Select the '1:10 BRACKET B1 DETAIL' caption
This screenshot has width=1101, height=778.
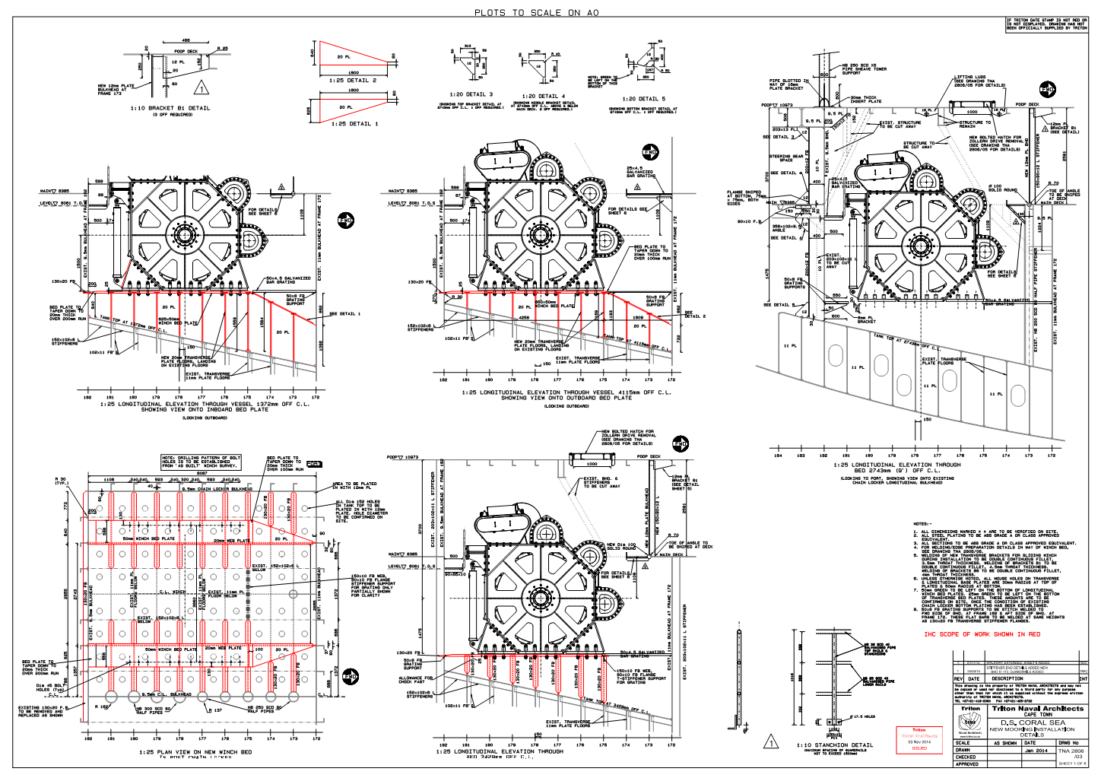coord(170,108)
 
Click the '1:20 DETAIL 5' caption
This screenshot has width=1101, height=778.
coord(643,99)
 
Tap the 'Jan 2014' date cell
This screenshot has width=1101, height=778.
coord(1035,751)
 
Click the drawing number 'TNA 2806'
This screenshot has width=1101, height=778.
coord(1072,751)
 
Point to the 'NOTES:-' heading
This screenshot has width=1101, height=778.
coord(922,524)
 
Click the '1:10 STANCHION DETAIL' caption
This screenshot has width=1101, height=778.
coord(835,745)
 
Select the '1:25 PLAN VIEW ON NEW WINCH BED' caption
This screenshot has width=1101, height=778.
coord(195,752)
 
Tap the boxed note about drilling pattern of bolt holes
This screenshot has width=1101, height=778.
coord(201,462)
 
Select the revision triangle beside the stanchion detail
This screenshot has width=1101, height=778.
coord(770,742)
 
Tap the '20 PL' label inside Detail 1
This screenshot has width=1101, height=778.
coord(346,107)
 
